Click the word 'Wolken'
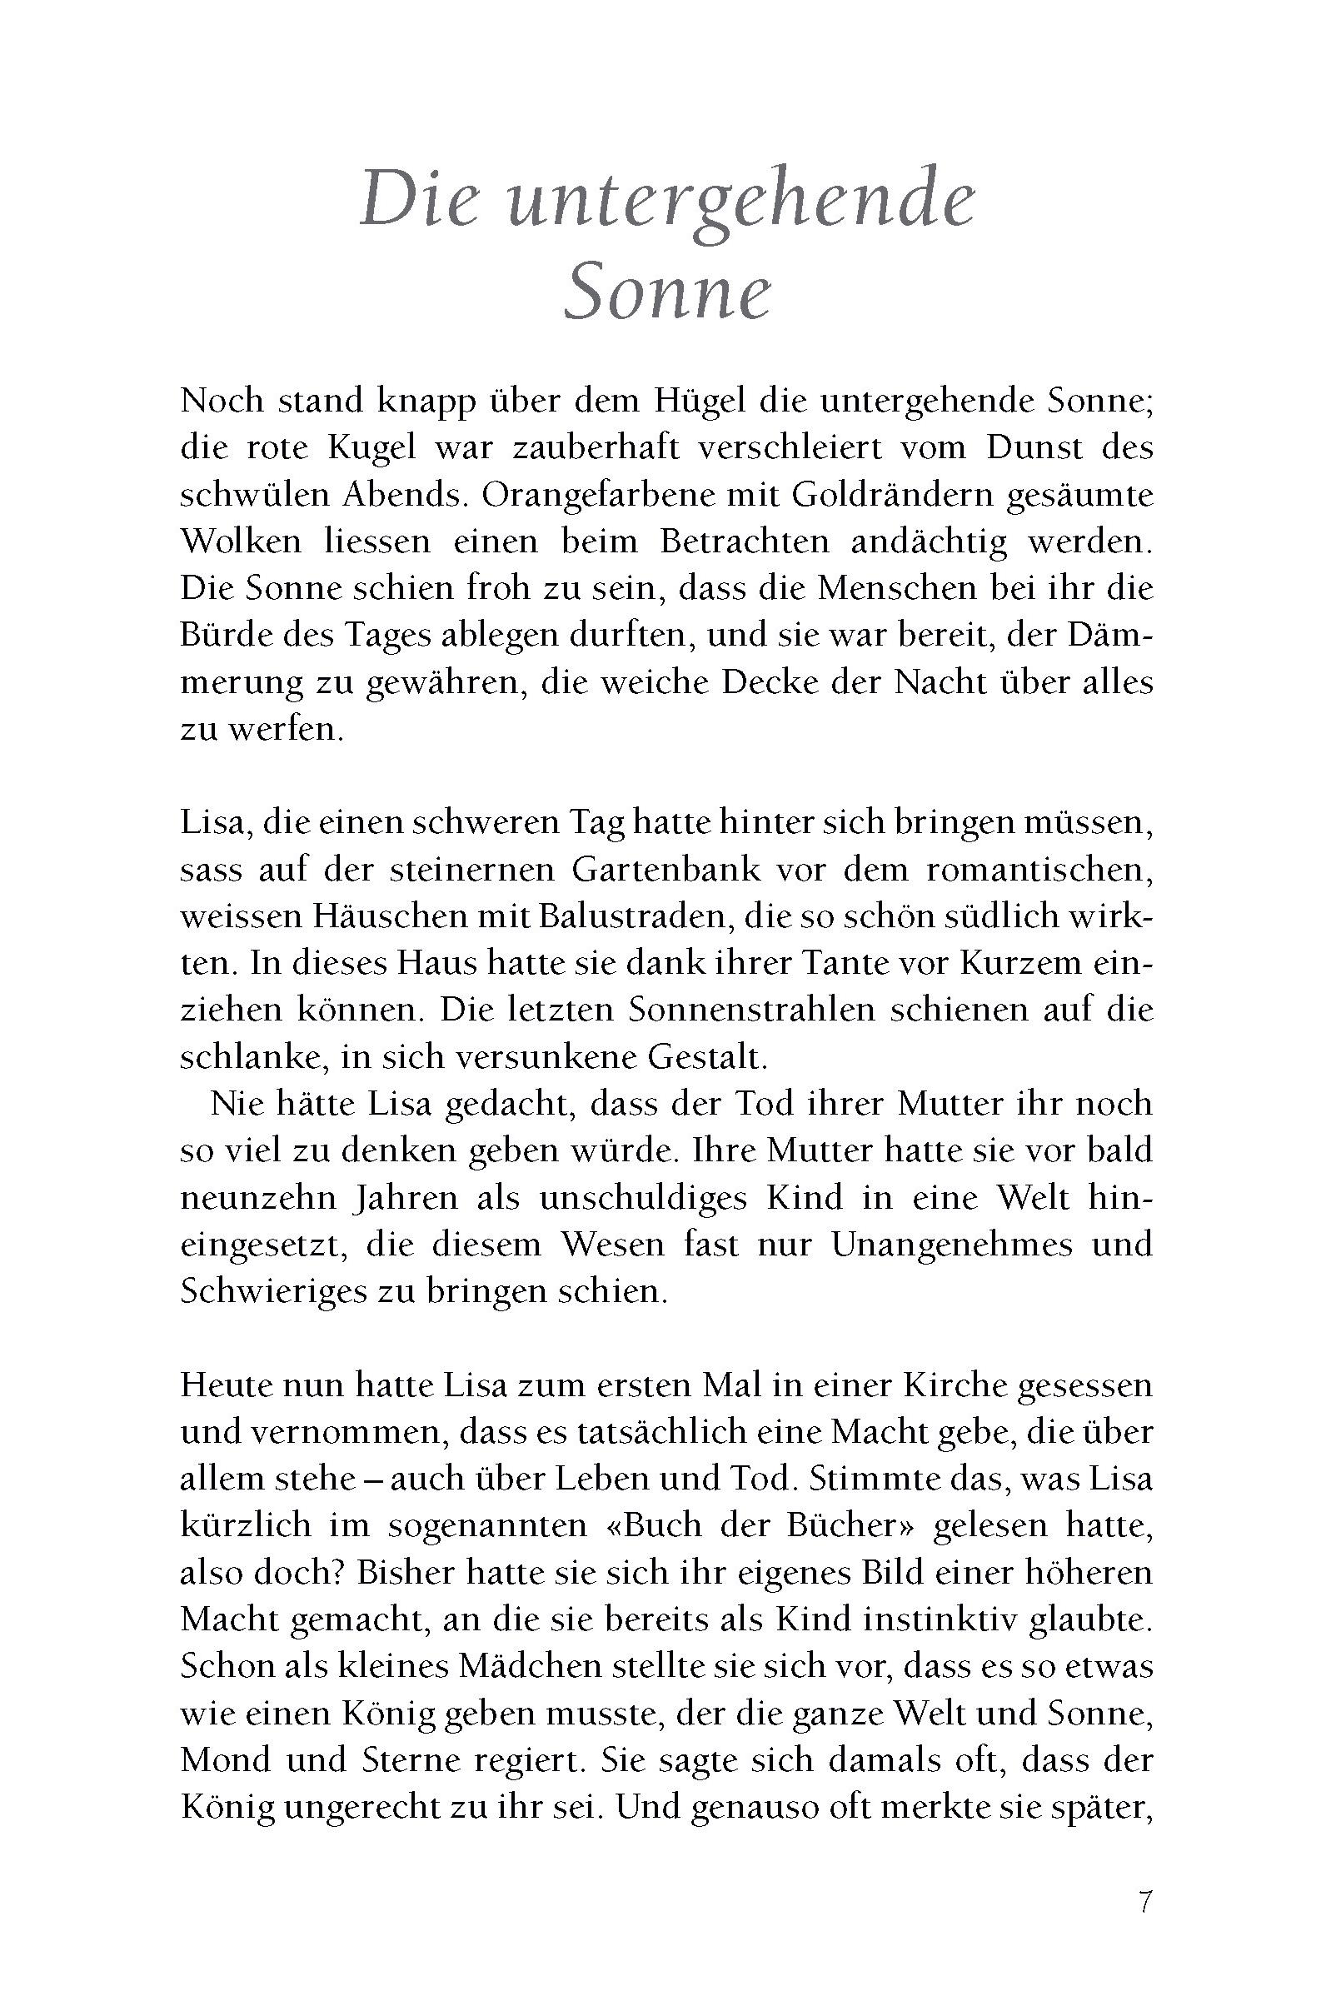pos(241,541)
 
